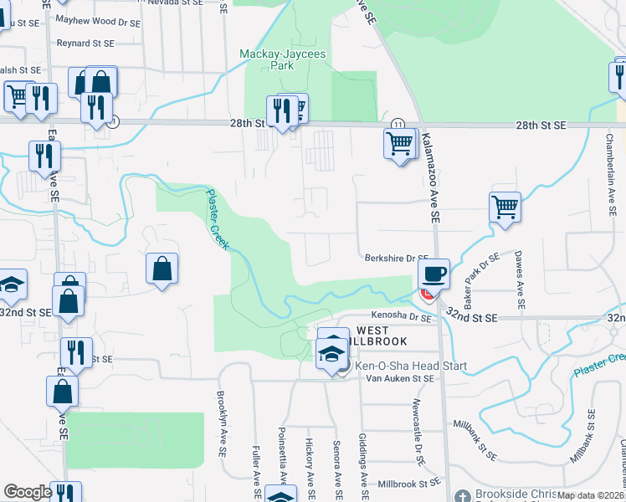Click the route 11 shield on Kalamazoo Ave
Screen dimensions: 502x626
tap(397, 124)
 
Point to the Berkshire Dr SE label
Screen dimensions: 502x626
tap(396, 259)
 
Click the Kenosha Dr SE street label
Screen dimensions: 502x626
tap(399, 316)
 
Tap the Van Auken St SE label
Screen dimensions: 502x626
tap(401, 379)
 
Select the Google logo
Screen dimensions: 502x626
tap(28, 492)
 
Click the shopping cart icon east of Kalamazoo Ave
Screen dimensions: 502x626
tap(505, 207)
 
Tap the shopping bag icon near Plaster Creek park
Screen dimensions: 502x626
tap(162, 269)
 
